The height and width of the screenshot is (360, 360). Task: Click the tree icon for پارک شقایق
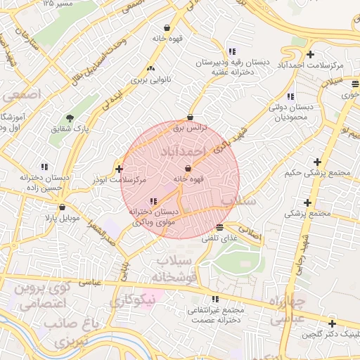click(x=69, y=118)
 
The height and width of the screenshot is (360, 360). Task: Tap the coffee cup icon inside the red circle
click(x=188, y=169)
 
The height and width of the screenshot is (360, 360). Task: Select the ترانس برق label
click(x=188, y=129)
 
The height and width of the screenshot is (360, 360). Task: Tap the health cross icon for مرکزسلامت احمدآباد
click(x=310, y=55)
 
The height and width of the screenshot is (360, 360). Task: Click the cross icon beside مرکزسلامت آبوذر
click(x=119, y=169)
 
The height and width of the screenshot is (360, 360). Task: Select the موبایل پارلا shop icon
click(x=63, y=207)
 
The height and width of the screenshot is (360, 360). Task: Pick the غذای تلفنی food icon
click(x=220, y=227)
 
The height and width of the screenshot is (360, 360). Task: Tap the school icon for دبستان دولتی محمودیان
click(x=290, y=96)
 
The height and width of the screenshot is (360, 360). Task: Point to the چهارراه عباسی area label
click(x=287, y=310)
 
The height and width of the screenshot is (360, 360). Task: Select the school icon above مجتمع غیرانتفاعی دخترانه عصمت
click(x=214, y=299)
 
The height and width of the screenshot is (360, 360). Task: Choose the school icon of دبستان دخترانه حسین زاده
click(x=44, y=167)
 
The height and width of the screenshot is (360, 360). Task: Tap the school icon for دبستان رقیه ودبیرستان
click(x=232, y=51)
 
